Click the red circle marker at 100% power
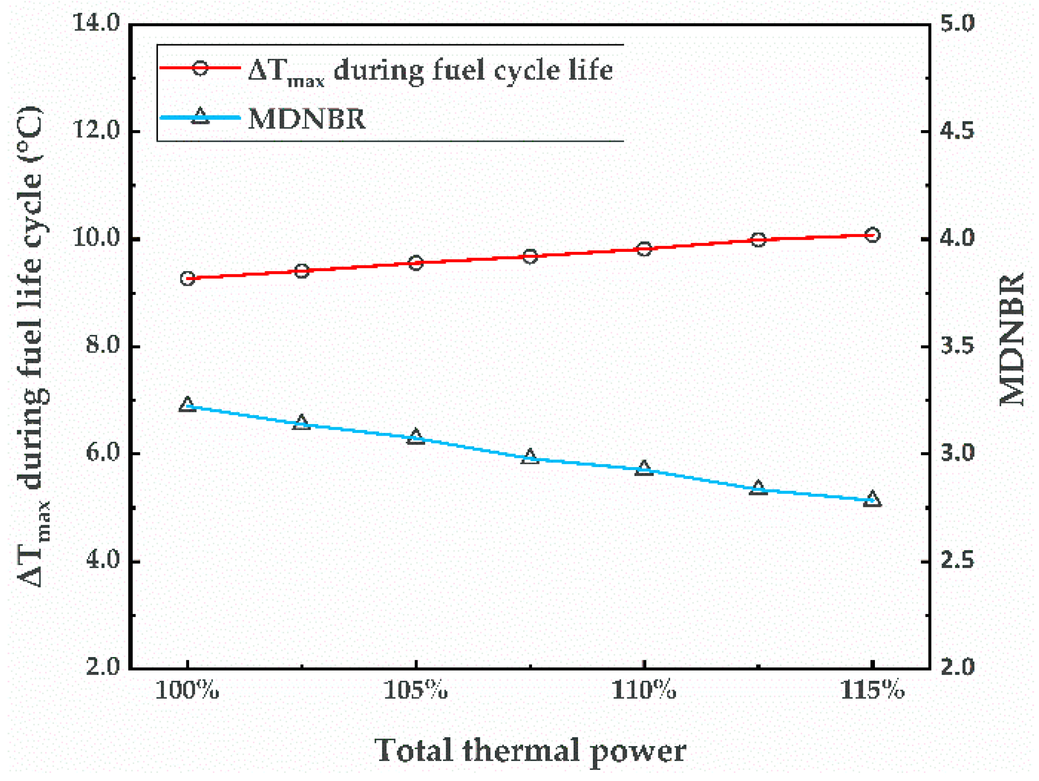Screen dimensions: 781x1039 (x=187, y=279)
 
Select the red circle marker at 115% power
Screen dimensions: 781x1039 (x=872, y=235)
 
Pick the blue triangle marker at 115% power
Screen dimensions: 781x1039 (x=872, y=499)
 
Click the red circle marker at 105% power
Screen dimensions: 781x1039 (x=416, y=263)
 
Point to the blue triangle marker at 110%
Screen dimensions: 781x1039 (x=644, y=468)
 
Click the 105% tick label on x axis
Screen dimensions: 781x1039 (x=416, y=690)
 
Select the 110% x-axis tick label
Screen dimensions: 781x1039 (x=644, y=690)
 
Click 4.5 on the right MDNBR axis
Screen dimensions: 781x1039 (x=957, y=131)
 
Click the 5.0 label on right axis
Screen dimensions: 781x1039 (x=957, y=24)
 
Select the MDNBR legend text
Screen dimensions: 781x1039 (x=307, y=119)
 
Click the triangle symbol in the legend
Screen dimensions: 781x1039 (x=201, y=116)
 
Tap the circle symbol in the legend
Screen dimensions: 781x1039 (x=201, y=68)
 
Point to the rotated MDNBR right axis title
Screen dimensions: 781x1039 (x=1012, y=339)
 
